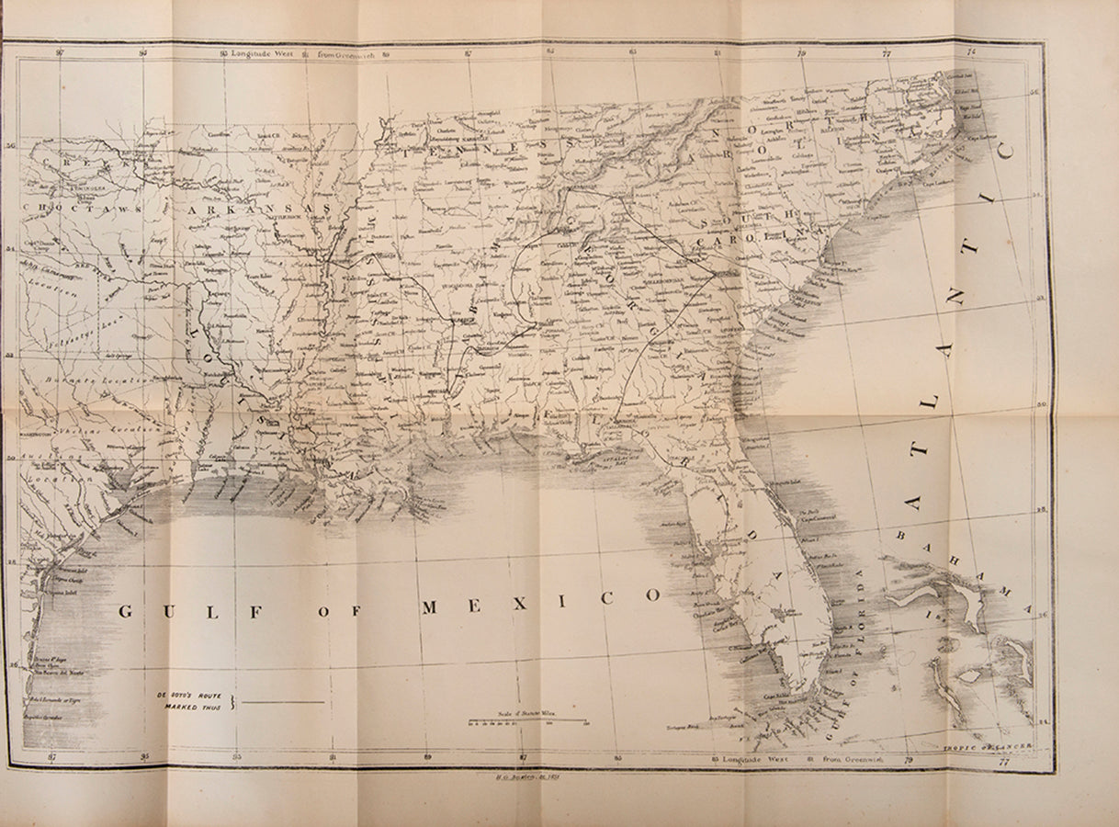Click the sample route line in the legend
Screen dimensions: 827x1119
tap(286, 702)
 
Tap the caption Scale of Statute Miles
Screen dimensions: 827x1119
tap(528, 712)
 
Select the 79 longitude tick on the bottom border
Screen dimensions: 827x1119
tap(908, 759)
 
